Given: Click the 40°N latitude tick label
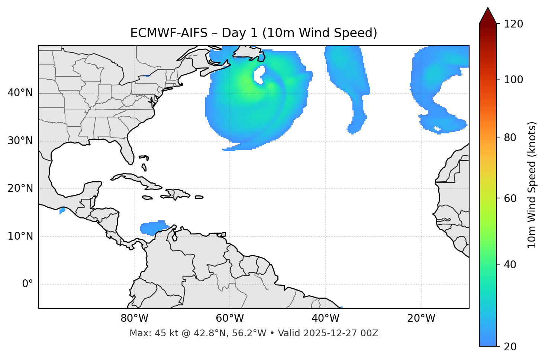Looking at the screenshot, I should (20, 93).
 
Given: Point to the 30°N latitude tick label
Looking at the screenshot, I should (20, 141).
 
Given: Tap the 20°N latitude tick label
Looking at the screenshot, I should (20, 188).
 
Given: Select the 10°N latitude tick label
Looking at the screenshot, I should (20, 236).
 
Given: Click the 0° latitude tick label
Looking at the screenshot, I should (27, 284).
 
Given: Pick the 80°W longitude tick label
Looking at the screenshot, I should (134, 318).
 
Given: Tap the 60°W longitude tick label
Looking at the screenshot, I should (230, 318).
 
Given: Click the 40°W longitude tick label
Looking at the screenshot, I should (325, 318).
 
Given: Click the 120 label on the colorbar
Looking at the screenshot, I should (513, 24).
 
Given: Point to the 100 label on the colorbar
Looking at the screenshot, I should (513, 80).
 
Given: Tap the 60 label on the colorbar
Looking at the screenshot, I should (510, 198).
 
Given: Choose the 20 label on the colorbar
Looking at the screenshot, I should (510, 347).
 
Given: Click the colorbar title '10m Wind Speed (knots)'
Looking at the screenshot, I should (532, 185).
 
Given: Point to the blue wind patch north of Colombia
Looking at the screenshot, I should (154, 228).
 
